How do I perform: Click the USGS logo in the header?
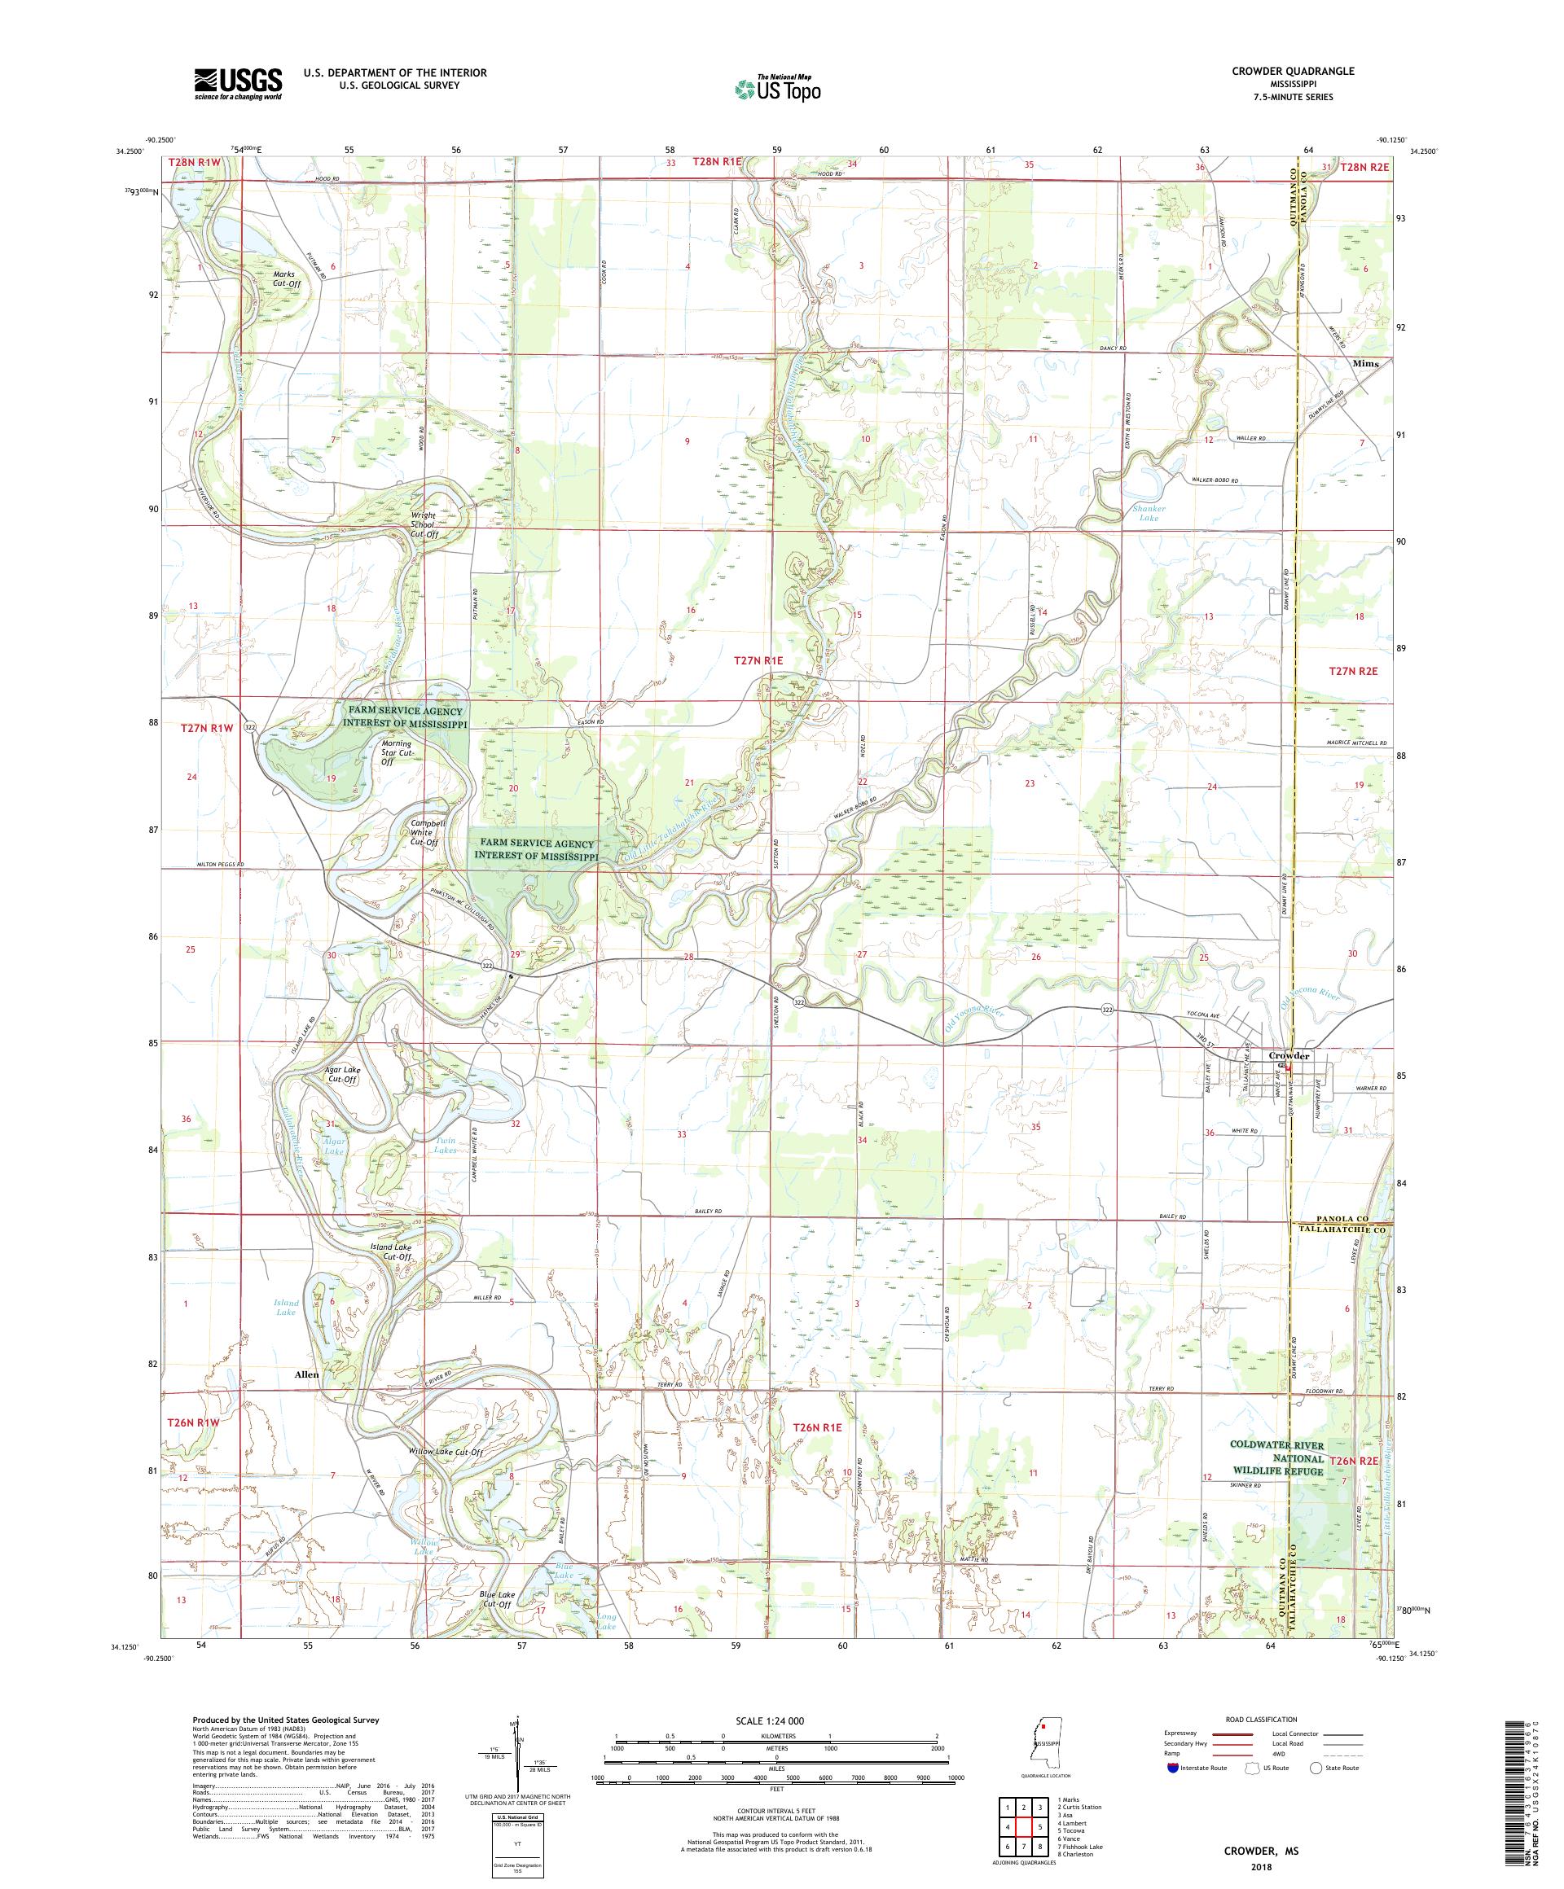click(x=239, y=85)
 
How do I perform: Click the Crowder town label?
click(x=1289, y=1055)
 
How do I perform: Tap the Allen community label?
click(x=306, y=1374)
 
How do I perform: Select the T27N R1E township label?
click(x=758, y=660)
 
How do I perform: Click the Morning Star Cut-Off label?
click(x=396, y=752)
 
